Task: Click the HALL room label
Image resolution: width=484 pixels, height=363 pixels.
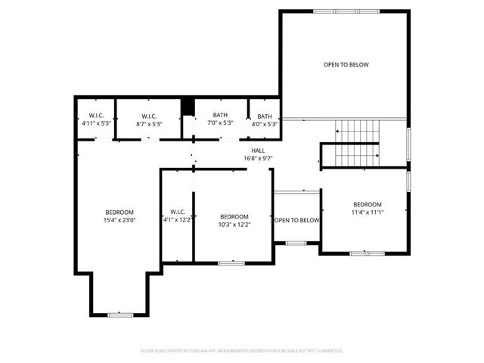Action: (x=258, y=150)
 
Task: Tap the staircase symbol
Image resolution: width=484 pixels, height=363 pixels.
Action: (x=355, y=143)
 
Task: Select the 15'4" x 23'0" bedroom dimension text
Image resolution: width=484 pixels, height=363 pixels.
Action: (x=119, y=220)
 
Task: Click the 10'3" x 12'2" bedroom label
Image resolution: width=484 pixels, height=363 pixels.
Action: (x=234, y=225)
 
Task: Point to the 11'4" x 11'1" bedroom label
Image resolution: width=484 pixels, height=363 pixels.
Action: (x=368, y=213)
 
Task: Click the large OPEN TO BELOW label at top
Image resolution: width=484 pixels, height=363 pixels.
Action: (x=346, y=65)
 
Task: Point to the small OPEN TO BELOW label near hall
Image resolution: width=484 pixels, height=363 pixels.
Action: (x=296, y=221)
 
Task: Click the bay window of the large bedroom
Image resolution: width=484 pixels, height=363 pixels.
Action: (x=119, y=314)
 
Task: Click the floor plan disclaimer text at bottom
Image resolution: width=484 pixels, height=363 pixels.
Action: (x=242, y=351)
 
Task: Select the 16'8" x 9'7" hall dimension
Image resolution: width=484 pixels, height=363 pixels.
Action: (x=258, y=159)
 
